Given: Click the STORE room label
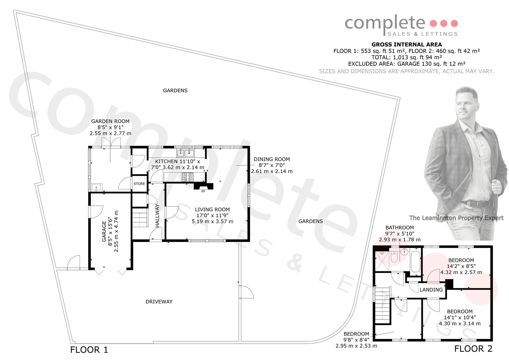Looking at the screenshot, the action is [x=139, y=184].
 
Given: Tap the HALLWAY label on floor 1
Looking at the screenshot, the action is [x=157, y=216].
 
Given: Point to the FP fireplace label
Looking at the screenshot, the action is [x=203, y=191].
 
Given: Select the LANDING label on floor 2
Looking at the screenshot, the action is [x=431, y=290].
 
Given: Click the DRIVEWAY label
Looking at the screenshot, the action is [x=159, y=302].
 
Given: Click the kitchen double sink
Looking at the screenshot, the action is [x=186, y=153].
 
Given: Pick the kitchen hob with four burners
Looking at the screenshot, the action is [x=188, y=177].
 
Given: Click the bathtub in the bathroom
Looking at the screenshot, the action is [x=416, y=262].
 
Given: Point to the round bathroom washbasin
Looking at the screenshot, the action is [x=404, y=252].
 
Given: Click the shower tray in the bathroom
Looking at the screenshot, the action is [x=382, y=261].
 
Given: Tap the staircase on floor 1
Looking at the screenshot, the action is [x=140, y=217].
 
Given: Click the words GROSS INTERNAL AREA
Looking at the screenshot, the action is [x=406, y=45].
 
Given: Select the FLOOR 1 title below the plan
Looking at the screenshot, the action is [x=89, y=350].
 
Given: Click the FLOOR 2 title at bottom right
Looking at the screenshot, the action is [x=473, y=349].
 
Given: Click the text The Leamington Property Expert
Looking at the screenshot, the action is [x=456, y=218].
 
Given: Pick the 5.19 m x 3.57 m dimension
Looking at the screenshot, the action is [x=213, y=221].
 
